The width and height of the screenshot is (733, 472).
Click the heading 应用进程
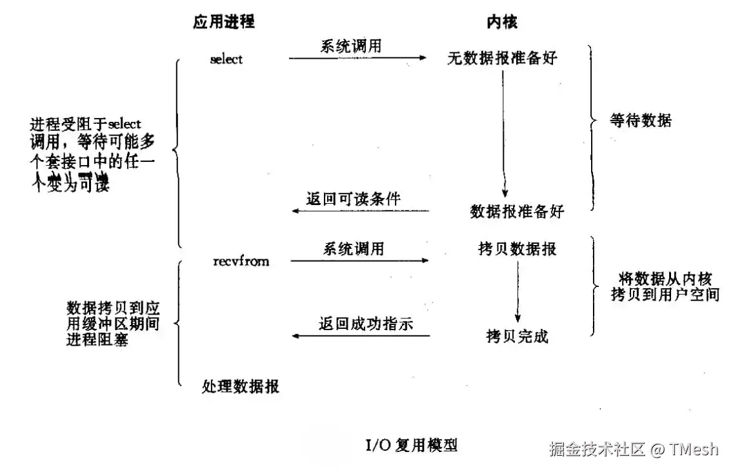(x=224, y=22)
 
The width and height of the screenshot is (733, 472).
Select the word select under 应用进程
(x=226, y=59)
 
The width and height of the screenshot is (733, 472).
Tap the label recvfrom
(x=241, y=261)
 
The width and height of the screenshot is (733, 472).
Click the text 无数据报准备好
(x=503, y=59)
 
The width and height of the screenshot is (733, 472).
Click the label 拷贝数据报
(x=517, y=249)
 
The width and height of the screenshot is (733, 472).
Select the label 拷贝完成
(x=517, y=336)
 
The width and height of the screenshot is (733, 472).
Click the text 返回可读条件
(x=354, y=199)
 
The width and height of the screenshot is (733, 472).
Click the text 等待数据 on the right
(x=641, y=120)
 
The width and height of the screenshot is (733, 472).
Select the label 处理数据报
(x=241, y=386)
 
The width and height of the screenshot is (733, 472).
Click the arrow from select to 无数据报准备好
(x=357, y=58)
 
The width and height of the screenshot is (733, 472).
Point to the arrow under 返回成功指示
(x=361, y=336)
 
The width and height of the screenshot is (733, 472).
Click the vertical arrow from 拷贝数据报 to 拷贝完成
(x=517, y=290)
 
